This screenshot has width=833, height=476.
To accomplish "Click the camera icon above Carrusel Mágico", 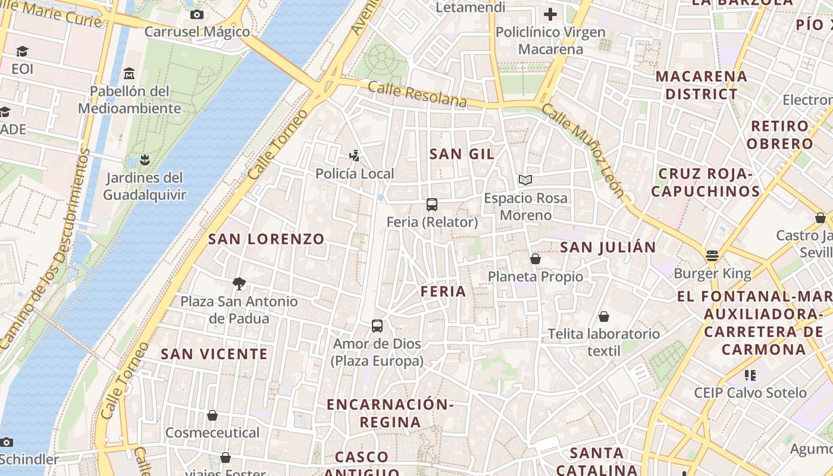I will [197, 14].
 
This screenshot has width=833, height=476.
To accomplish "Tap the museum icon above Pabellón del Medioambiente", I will [129, 74].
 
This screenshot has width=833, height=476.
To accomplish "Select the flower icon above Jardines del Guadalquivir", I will [143, 159].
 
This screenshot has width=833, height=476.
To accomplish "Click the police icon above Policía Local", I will [355, 156].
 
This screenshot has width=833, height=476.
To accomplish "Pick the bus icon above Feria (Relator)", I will [432, 205].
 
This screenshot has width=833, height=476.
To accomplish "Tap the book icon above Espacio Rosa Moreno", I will [525, 180].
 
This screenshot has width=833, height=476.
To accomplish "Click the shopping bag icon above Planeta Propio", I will [535, 259].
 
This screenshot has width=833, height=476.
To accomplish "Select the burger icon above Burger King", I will [712, 256].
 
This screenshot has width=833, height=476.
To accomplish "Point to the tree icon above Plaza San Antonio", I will [239, 283].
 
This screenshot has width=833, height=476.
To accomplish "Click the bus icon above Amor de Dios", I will [377, 326].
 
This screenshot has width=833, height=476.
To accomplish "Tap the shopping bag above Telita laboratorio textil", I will [604, 317].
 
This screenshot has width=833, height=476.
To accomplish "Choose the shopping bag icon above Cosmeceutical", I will [212, 415].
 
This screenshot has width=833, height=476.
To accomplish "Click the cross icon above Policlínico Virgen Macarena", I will [550, 14].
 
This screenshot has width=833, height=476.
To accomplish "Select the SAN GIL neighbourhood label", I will [462, 154].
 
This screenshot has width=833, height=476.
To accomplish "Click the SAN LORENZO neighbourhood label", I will [266, 239].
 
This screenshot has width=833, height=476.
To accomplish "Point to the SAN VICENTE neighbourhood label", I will [214, 354].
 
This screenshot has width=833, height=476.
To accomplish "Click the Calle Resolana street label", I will [417, 94].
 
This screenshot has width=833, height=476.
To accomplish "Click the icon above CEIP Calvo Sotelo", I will [750, 375].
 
